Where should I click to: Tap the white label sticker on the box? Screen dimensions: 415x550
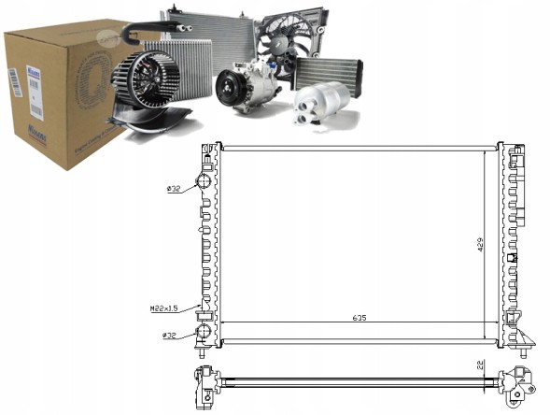(x=14, y=82)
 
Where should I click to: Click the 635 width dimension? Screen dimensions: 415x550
(x=360, y=318)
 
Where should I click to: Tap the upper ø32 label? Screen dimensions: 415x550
(x=173, y=189)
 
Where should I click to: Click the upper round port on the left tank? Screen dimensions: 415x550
(x=204, y=182)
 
